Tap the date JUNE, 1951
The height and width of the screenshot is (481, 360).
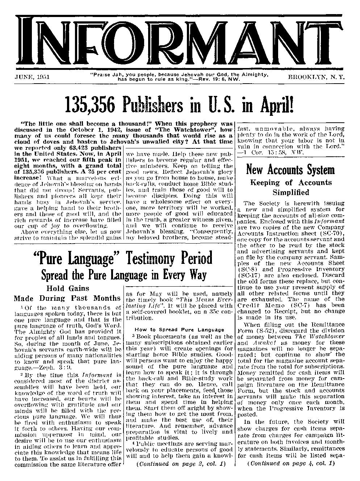[x=32, y=77]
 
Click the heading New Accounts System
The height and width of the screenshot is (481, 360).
[x=290, y=169]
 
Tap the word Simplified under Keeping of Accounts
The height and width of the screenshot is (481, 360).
[x=291, y=192]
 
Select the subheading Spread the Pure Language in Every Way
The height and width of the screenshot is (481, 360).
[x=124, y=275]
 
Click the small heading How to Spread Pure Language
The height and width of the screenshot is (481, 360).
[x=179, y=329]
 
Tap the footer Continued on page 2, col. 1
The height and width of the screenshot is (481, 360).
[x=180, y=463]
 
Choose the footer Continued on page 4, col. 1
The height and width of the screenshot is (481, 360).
[x=291, y=463]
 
